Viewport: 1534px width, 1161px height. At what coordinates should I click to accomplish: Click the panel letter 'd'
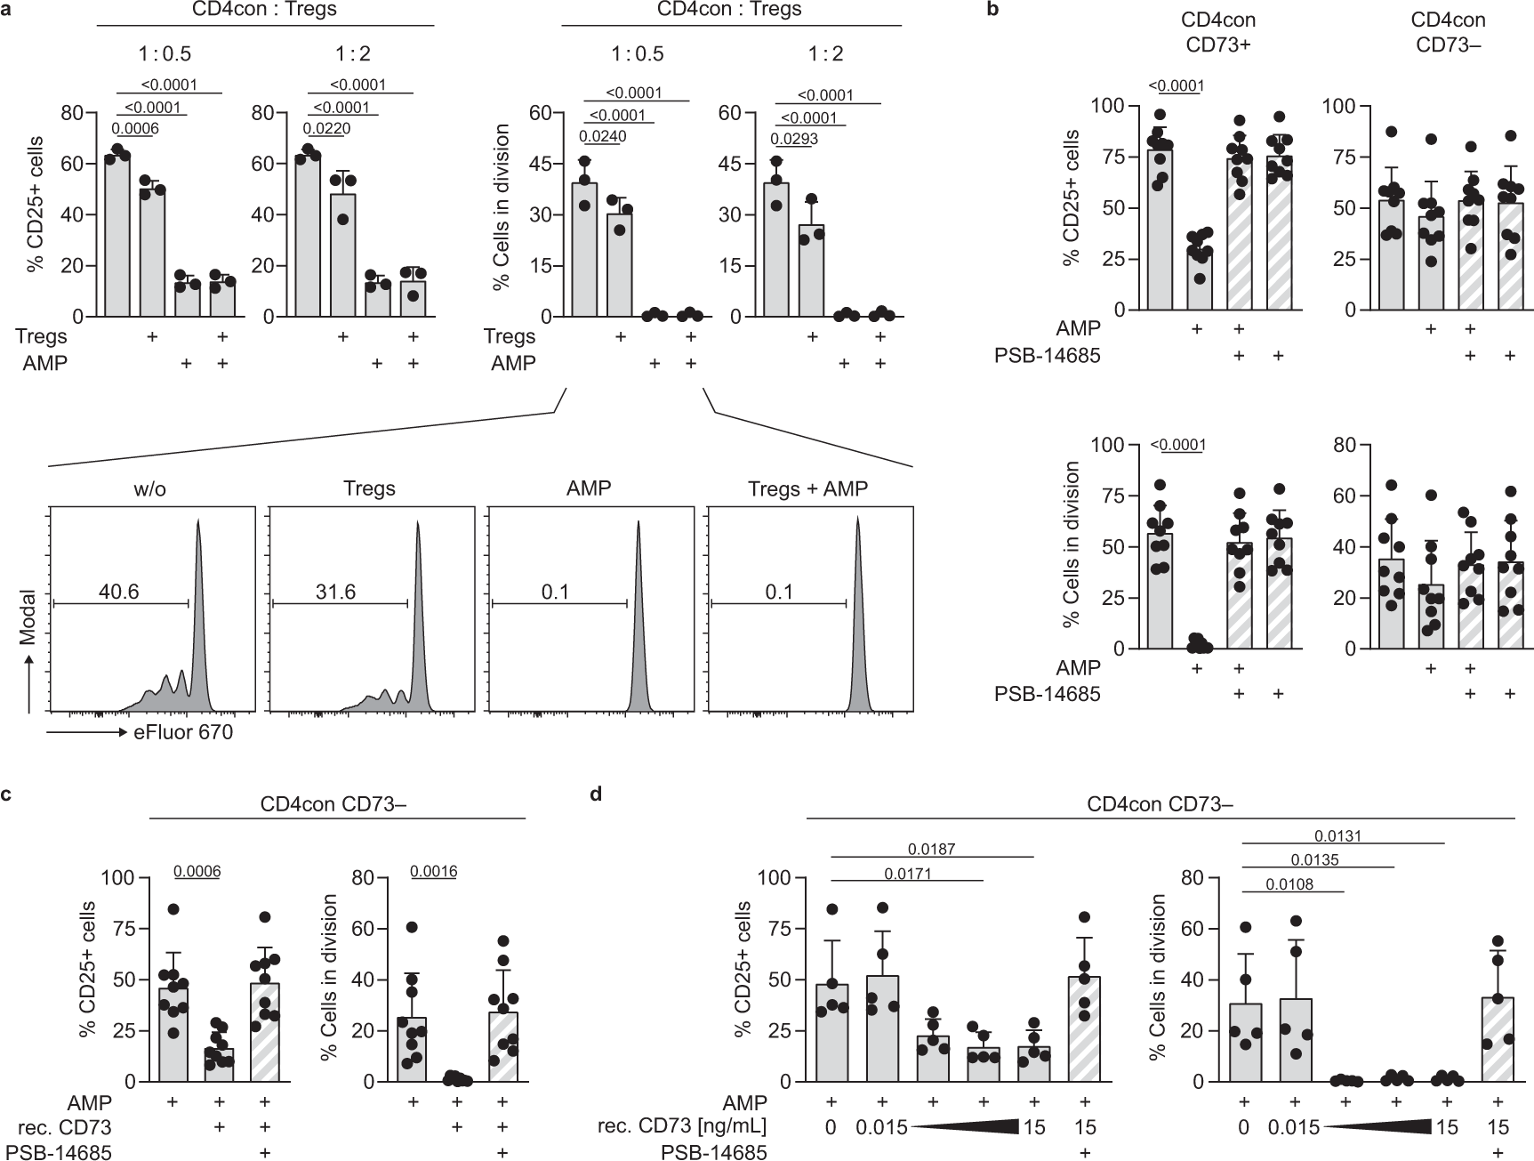(595, 792)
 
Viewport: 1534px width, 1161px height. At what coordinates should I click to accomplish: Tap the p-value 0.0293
(796, 139)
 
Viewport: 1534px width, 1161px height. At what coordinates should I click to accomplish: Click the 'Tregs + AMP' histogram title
(807, 488)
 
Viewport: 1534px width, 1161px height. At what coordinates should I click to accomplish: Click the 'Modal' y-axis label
(29, 618)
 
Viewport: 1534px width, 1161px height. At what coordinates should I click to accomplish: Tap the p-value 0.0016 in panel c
(433, 871)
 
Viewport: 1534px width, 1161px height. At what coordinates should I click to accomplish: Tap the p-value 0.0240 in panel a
(603, 137)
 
